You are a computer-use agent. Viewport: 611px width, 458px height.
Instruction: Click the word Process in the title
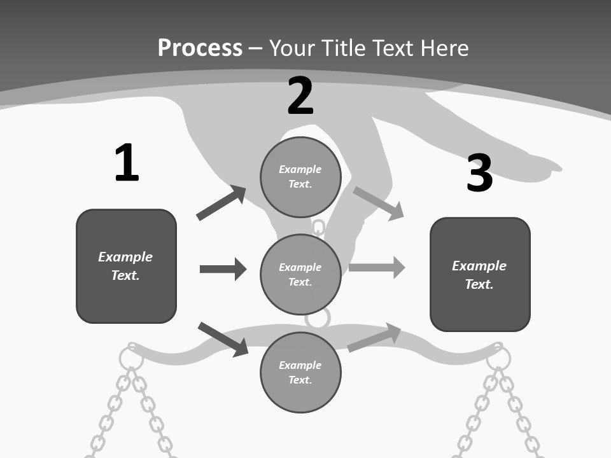click(200, 48)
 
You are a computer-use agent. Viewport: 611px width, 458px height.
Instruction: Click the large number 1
click(127, 163)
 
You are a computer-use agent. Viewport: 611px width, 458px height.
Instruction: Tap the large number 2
click(300, 96)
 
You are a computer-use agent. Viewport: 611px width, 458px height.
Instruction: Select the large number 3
click(479, 173)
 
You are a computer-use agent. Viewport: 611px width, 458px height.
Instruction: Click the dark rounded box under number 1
click(126, 266)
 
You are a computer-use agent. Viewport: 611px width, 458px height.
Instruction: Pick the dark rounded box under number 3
click(480, 274)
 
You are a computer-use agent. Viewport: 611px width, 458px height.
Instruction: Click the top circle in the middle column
click(300, 177)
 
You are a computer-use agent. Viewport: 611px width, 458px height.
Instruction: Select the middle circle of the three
click(300, 274)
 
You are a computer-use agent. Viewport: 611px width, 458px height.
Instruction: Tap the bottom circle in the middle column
click(300, 372)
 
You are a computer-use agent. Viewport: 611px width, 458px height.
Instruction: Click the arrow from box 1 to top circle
click(221, 203)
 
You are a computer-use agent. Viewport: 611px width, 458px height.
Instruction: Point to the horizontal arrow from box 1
click(223, 268)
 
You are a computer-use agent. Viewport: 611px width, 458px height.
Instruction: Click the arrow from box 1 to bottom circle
click(223, 339)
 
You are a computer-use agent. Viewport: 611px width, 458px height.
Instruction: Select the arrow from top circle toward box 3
click(378, 204)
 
